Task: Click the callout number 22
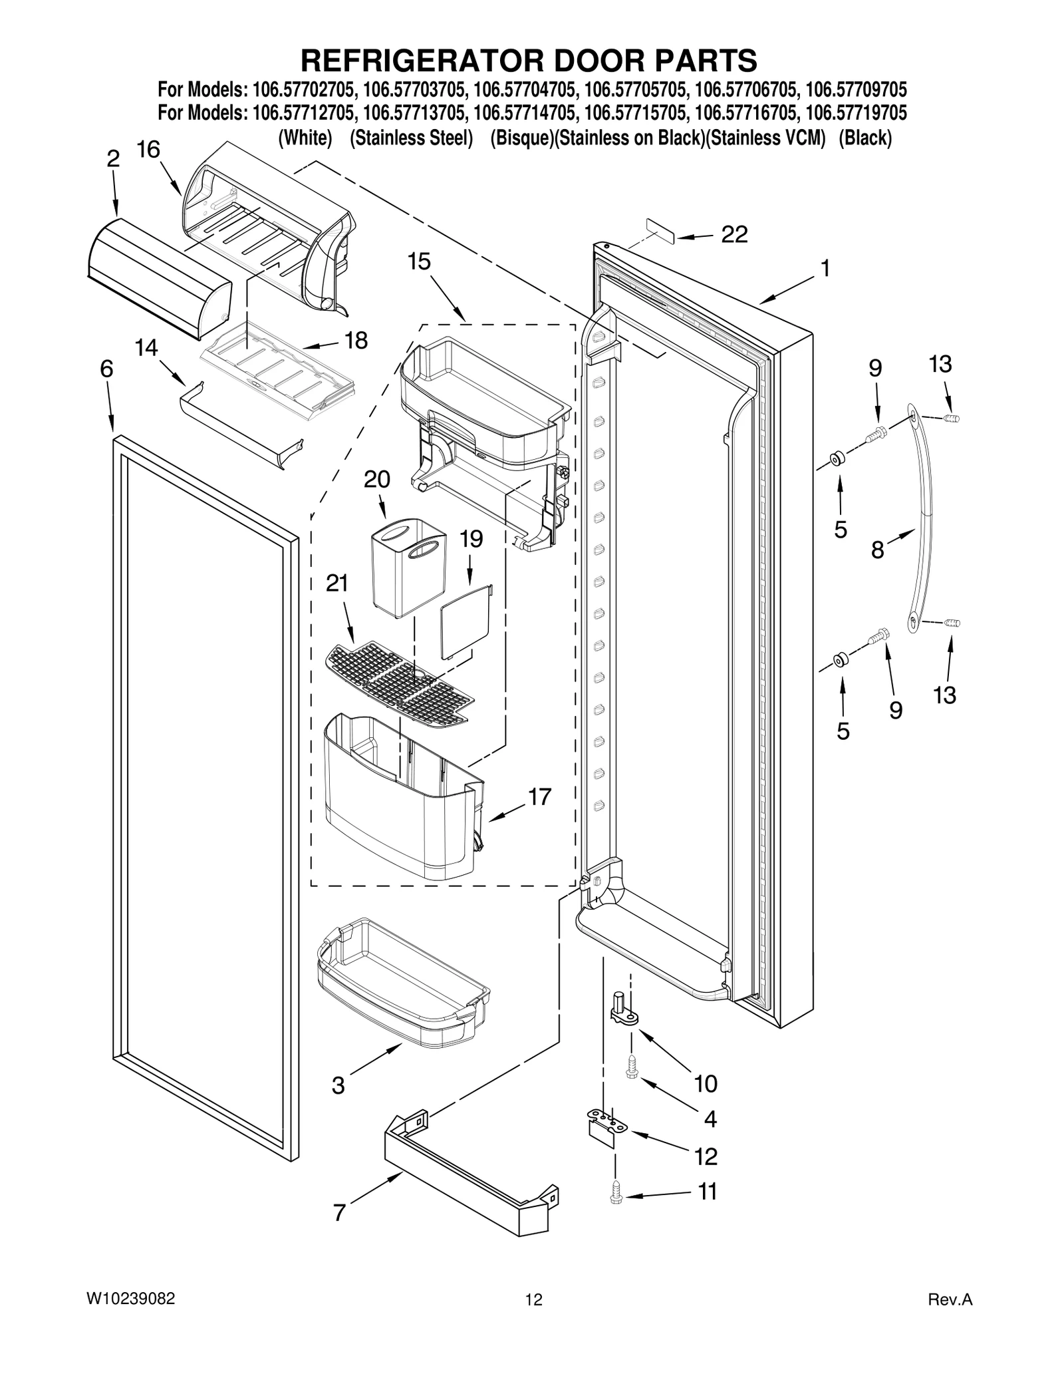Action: click(734, 234)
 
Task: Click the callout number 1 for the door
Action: click(825, 269)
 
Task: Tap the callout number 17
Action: click(539, 796)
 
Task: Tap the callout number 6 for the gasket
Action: click(106, 369)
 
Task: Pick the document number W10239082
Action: click(130, 1299)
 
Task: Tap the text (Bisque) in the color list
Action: click(521, 138)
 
